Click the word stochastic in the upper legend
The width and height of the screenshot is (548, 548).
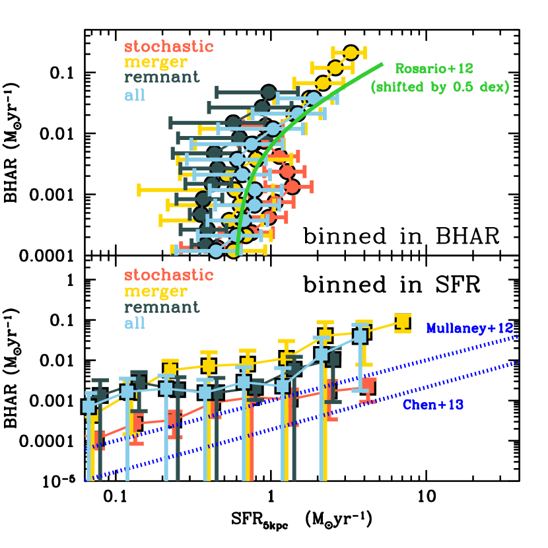click(169, 47)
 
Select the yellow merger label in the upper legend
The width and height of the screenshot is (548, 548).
click(156, 62)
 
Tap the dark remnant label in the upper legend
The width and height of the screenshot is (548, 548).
click(162, 77)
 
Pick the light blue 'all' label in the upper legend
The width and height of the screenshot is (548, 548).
click(135, 95)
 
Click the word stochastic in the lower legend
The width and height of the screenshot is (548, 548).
click(169, 275)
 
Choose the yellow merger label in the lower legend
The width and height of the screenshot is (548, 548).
click(156, 291)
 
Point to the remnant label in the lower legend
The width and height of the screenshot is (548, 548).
click(162, 307)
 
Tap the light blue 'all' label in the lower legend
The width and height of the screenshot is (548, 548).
click(135, 323)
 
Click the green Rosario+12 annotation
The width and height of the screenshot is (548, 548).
click(434, 68)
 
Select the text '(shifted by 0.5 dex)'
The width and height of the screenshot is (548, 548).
click(440, 86)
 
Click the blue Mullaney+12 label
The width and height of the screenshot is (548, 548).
click(469, 328)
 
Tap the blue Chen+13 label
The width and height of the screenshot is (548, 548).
click(433, 405)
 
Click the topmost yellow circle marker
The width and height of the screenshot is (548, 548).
click(351, 53)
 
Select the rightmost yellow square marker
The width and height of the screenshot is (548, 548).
click(403, 321)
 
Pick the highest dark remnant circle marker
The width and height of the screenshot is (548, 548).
click(269, 92)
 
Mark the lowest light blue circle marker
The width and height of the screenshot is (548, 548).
click(217, 250)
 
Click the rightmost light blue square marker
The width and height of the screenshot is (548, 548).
click(360, 335)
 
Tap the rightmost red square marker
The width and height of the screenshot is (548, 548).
click(368, 385)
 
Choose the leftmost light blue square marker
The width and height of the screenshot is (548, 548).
click(89, 407)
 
